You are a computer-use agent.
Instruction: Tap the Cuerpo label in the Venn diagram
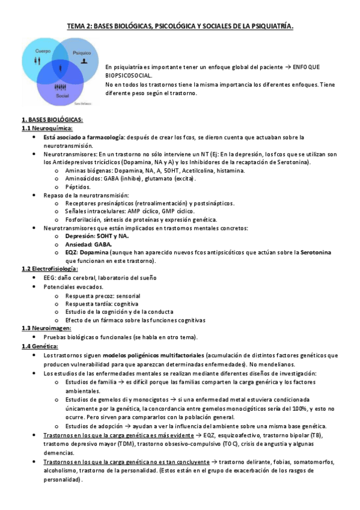(x=42, y=51)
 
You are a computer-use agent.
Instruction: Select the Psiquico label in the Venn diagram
(x=81, y=53)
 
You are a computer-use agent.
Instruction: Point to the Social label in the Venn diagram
(x=62, y=96)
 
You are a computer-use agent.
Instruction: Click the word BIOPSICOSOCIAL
(x=129, y=76)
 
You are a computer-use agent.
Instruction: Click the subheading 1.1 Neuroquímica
(x=47, y=128)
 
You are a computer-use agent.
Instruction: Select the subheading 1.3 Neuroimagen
(x=46, y=328)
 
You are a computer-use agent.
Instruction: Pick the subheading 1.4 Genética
(x=40, y=347)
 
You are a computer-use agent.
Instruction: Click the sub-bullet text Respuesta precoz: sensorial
(x=103, y=296)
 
